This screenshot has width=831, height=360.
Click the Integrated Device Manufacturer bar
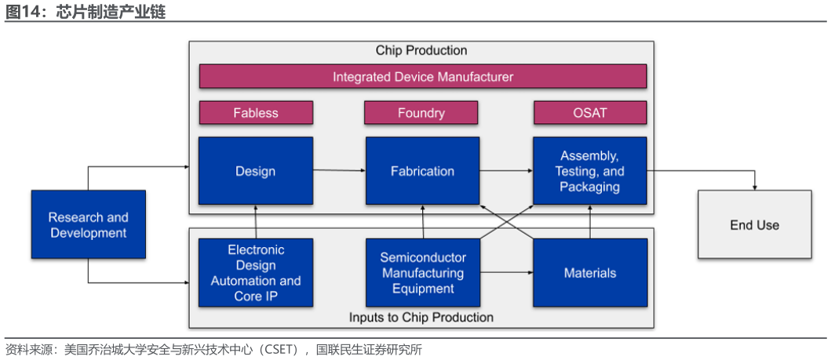click(x=423, y=76)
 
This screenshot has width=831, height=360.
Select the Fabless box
click(x=256, y=112)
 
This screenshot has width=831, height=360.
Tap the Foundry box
click(x=421, y=112)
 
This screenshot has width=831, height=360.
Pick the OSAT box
click(x=590, y=112)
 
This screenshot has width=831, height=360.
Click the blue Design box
click(x=256, y=171)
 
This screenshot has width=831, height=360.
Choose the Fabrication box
click(x=422, y=171)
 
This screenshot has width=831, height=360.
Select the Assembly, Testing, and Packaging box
click(x=590, y=171)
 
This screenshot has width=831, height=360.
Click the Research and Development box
click(x=89, y=224)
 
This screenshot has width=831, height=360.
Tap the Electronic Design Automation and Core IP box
click(x=256, y=273)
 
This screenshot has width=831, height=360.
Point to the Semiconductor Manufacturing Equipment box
click(x=423, y=273)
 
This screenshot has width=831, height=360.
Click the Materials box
click(x=590, y=273)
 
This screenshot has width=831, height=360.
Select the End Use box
click(x=755, y=224)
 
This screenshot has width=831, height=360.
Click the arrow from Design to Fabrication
click(x=339, y=170)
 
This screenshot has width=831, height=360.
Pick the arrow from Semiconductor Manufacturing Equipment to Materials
click(x=507, y=273)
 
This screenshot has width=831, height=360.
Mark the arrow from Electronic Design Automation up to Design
click(x=256, y=222)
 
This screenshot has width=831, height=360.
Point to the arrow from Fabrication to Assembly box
click(x=506, y=170)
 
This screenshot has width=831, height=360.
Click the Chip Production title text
click(x=421, y=50)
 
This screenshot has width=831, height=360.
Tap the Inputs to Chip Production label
click(x=421, y=317)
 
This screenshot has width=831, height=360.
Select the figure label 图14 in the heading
click(x=22, y=11)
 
